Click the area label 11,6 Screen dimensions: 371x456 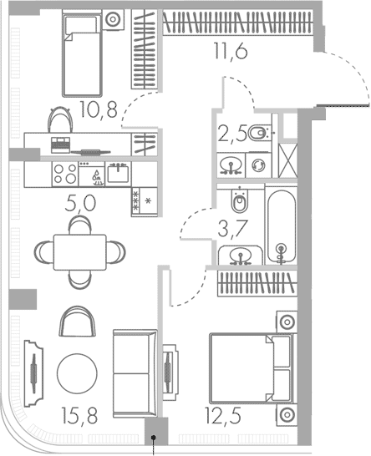[x=231, y=51]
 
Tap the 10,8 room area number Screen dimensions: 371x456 [x=99, y=109]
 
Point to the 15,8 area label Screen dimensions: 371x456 [x=79, y=415]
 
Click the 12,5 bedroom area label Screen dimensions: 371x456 [x=223, y=415]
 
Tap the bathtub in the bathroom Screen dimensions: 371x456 [x=282, y=225]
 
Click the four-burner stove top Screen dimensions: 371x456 [x=65, y=174]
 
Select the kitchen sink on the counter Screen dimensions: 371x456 [x=118, y=174]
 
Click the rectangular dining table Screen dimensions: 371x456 [x=79, y=252]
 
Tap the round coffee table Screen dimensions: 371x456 [x=77, y=374]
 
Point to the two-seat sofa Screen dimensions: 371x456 [x=135, y=373]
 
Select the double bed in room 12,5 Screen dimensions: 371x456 [x=252, y=368]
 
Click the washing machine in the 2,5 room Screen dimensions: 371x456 [x=258, y=165]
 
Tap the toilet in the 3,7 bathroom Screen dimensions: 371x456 [x=240, y=200]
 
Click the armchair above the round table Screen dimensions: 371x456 [x=78, y=322]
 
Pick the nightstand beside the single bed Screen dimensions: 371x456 [x=113, y=20]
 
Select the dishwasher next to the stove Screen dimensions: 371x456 [x=92, y=174]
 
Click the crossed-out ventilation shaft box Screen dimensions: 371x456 [x=287, y=160]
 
